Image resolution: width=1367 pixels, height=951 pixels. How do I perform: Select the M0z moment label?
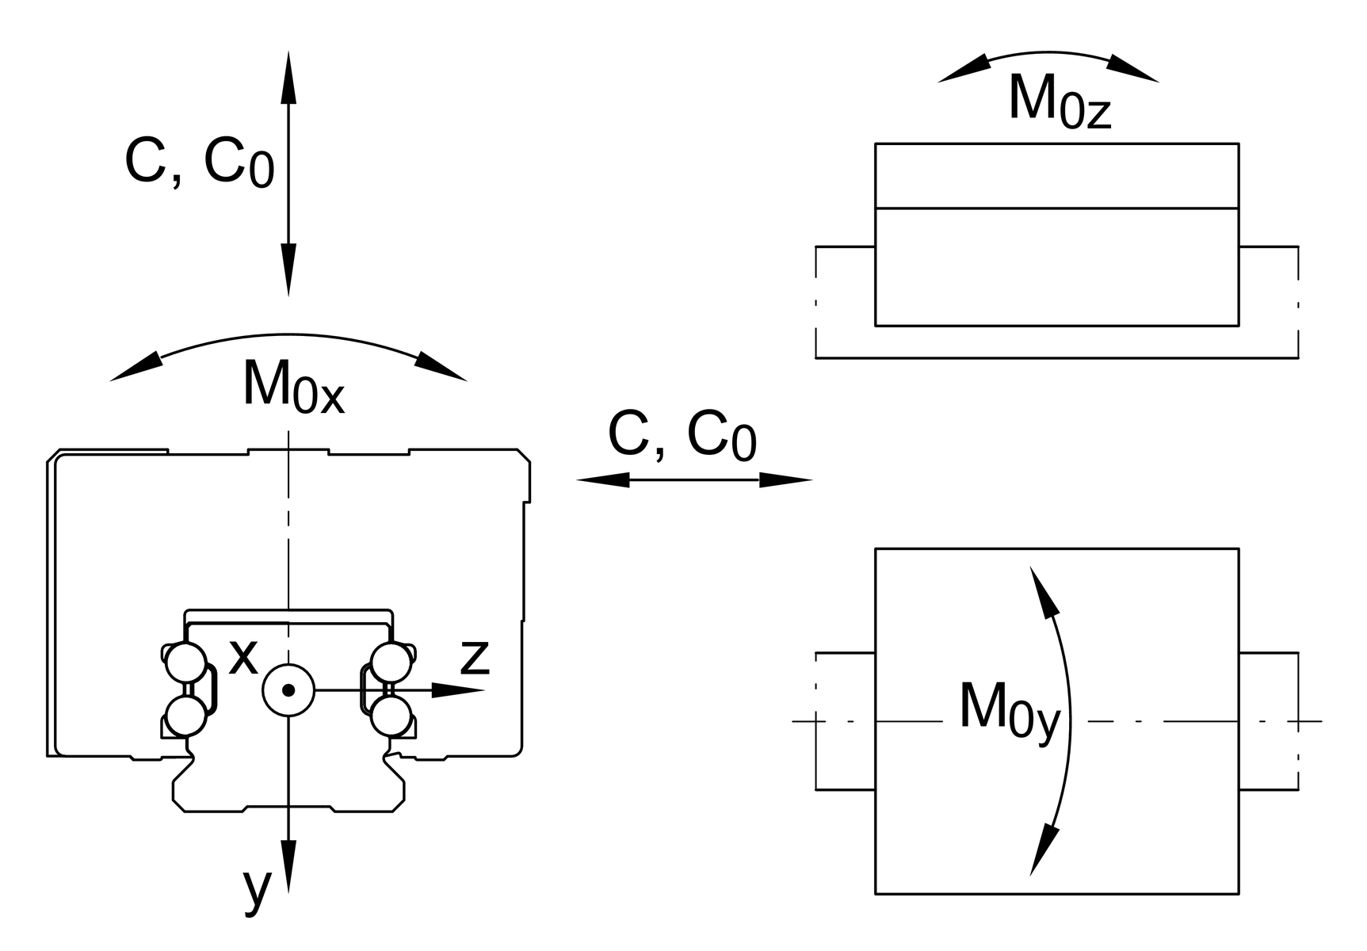point(1059,101)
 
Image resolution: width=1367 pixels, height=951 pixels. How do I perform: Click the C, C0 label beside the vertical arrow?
point(199,163)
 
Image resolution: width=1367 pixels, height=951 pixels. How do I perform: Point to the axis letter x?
point(243,656)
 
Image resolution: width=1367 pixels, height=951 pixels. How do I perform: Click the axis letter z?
point(475,656)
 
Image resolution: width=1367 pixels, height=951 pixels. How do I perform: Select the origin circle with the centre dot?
point(288,690)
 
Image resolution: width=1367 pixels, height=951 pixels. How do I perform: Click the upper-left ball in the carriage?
point(186,663)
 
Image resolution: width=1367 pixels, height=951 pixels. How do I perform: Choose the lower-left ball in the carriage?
point(186,716)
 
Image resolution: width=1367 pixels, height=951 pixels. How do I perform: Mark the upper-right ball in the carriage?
point(391,663)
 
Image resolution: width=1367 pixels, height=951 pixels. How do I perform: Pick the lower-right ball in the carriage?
point(391,716)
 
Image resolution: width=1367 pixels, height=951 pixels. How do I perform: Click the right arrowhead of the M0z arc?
point(1133,69)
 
